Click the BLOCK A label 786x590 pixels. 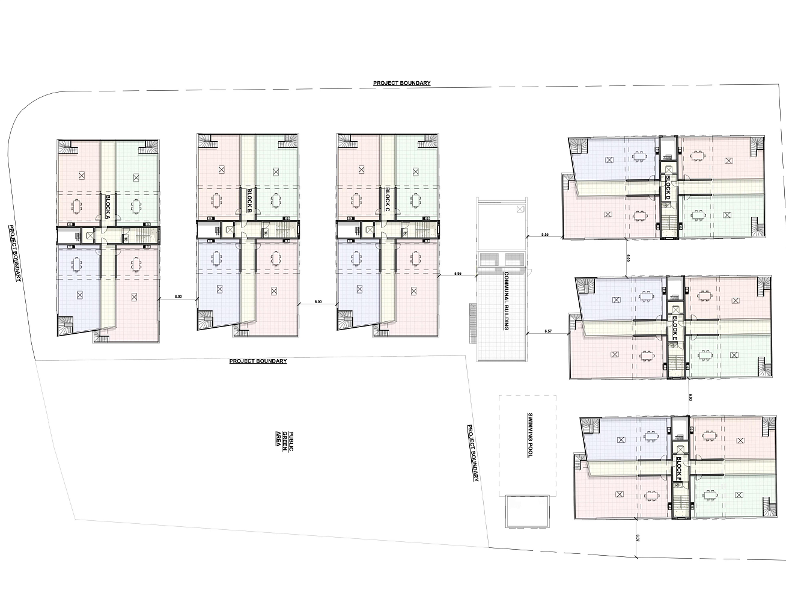[x=108, y=207]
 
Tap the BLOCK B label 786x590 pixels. [x=249, y=201]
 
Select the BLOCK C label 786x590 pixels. [x=388, y=199]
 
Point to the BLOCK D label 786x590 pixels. [x=668, y=187]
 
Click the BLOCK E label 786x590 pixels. [x=675, y=328]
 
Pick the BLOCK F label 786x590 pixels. [x=679, y=468]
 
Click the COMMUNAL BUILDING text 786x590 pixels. [x=507, y=301]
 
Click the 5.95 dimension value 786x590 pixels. [x=458, y=274]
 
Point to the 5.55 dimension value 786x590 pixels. [x=544, y=235]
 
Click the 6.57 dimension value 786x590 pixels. [x=548, y=331]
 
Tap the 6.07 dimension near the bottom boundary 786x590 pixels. [x=638, y=538]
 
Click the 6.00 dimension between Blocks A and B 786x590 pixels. [x=178, y=297]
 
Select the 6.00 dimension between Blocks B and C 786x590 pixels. [x=318, y=302]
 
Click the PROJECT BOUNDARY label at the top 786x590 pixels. [x=402, y=83]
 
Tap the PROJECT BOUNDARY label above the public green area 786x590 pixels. [x=258, y=361]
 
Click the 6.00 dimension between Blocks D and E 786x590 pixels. [x=628, y=258]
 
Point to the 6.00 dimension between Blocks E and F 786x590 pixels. [x=690, y=398]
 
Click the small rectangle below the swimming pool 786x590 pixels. [x=527, y=512]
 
